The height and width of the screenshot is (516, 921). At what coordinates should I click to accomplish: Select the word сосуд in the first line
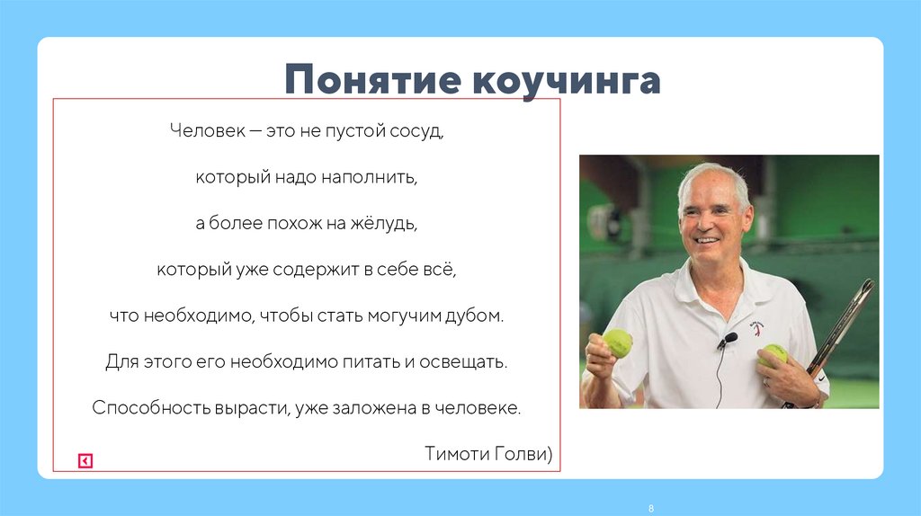tap(417, 131)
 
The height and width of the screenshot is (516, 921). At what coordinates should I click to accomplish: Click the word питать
tap(363, 362)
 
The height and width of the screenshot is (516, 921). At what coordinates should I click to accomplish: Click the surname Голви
tap(521, 453)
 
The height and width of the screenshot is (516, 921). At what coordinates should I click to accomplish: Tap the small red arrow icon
tap(85, 461)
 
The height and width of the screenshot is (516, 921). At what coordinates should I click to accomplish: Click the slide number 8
tap(650, 509)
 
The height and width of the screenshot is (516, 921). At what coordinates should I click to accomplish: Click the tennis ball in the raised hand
tap(618, 342)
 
